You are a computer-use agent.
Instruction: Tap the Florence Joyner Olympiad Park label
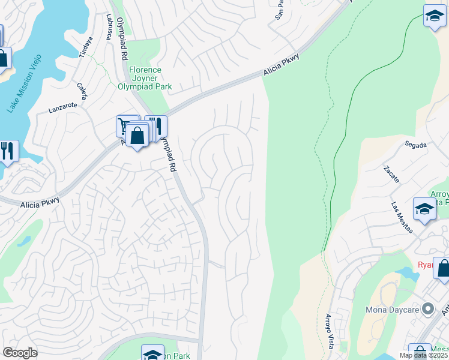point(145,78)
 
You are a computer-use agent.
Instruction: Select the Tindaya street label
point(87,47)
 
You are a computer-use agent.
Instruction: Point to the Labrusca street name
point(110,27)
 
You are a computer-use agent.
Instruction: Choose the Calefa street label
point(82,91)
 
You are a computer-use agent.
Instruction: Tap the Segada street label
point(415,145)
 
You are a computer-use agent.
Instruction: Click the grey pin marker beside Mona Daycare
point(427,310)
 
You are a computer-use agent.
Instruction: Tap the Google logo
point(20,353)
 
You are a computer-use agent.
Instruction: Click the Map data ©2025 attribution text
point(423,355)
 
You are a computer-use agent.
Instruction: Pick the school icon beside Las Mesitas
point(424,209)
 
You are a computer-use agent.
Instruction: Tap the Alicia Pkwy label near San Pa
point(280,65)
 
